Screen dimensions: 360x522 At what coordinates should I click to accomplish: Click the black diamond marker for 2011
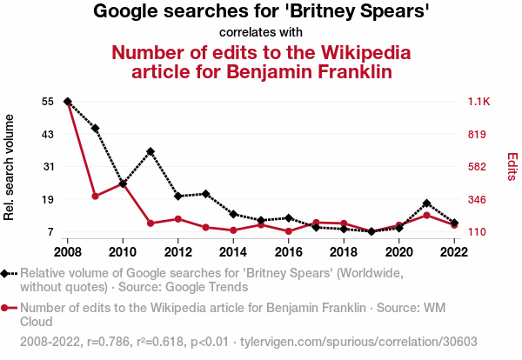coord(151,151)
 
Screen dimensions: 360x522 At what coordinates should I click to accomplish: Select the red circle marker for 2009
coord(95,196)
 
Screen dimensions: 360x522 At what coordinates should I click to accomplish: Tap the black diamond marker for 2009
coord(95,129)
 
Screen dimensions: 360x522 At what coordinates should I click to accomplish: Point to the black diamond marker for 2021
coord(426,203)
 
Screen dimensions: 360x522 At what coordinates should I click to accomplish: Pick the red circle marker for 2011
coord(151,223)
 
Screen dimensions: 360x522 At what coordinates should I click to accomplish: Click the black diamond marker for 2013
coord(205,193)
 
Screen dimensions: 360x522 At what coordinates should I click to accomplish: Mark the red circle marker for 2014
coord(233,230)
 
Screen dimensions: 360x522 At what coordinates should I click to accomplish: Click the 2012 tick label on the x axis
coord(177,252)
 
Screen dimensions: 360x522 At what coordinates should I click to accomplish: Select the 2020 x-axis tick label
coord(398,252)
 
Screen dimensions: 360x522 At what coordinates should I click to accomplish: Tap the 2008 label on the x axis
coord(67,252)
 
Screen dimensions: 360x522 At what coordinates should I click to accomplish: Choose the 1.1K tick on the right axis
coord(480,102)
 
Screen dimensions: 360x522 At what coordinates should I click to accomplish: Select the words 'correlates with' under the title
coord(261,32)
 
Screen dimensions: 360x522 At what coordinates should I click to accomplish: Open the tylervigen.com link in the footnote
coord(335,342)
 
